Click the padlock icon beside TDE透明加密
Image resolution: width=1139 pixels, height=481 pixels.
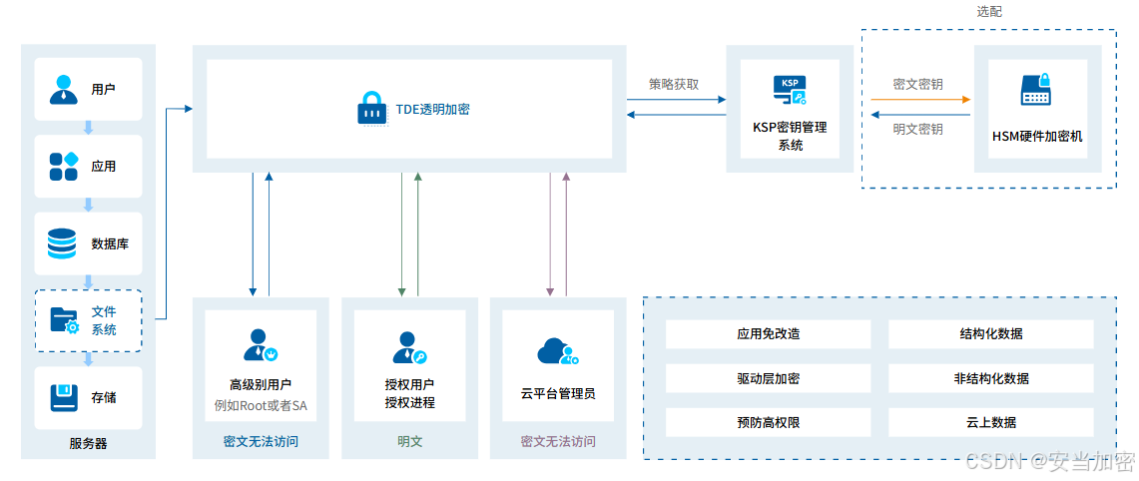pos(371,109)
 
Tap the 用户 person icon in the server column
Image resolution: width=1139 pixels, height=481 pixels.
pos(64,89)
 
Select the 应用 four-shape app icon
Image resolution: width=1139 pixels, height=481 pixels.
pos(64,166)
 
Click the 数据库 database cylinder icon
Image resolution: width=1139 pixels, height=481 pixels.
pos(62,242)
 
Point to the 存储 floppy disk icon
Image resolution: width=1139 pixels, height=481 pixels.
pos(64,397)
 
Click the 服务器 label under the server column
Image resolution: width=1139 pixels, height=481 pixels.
pos(88,443)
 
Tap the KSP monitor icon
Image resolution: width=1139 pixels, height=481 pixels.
pos(790,90)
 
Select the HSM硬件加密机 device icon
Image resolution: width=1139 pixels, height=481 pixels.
pos(1036,91)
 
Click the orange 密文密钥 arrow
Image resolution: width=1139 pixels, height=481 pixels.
pos(919,100)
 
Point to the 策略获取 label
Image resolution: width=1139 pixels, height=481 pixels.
pos(674,84)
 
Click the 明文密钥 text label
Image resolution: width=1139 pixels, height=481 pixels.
pos(917,129)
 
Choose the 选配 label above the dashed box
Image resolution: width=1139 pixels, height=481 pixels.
pos(988,12)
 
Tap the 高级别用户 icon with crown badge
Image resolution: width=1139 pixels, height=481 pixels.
pos(261,344)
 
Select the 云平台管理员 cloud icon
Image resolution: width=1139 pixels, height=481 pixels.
pos(557,350)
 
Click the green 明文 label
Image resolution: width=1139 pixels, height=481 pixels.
pos(409,440)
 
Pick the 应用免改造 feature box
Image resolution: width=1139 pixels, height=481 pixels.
pos(768,334)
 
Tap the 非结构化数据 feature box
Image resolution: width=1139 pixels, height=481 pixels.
pos(990,378)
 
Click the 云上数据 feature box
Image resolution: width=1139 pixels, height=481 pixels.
pos(990,422)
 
